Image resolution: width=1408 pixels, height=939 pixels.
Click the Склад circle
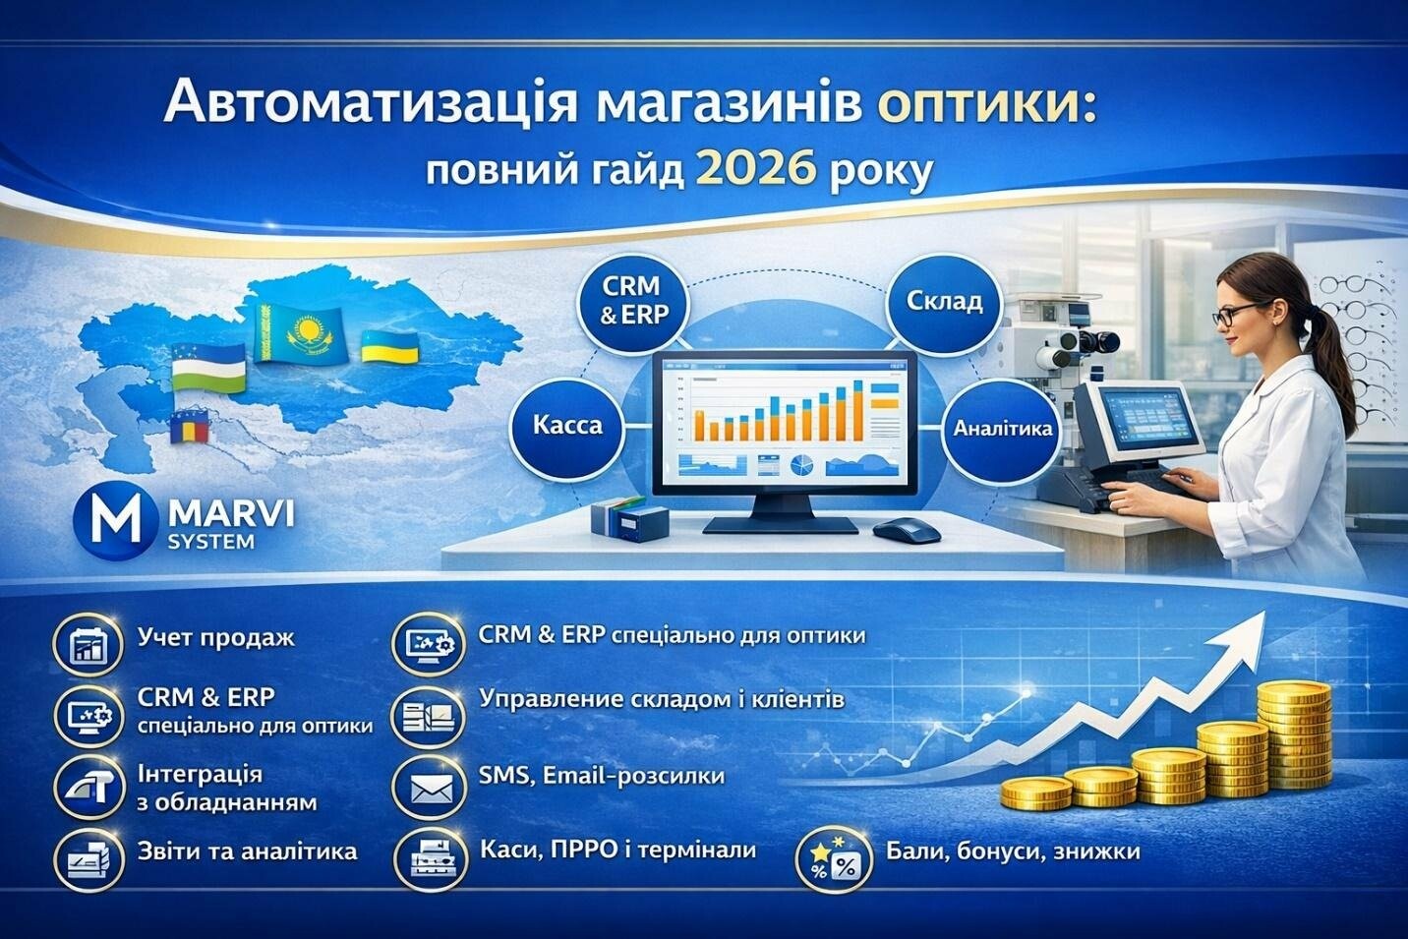(944, 302)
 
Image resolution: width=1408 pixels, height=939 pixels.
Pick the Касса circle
(567, 426)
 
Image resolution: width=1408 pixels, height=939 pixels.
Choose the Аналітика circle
(1003, 428)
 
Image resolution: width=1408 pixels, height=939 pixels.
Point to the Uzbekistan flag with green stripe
(208, 368)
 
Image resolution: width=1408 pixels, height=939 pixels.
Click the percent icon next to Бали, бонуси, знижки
(834, 861)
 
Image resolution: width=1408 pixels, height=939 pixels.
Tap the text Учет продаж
(215, 638)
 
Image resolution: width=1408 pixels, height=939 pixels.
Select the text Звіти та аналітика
(247, 851)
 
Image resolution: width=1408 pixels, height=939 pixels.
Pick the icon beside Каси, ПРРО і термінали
(432, 857)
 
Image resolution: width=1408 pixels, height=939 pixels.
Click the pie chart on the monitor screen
(800, 466)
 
